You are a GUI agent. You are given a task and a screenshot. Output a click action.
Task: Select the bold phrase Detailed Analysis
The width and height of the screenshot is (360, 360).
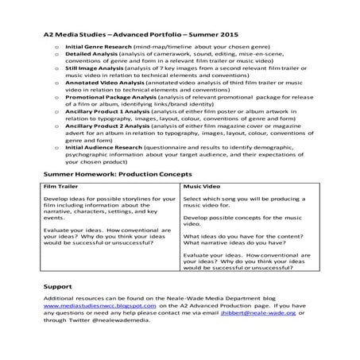click(90, 57)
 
